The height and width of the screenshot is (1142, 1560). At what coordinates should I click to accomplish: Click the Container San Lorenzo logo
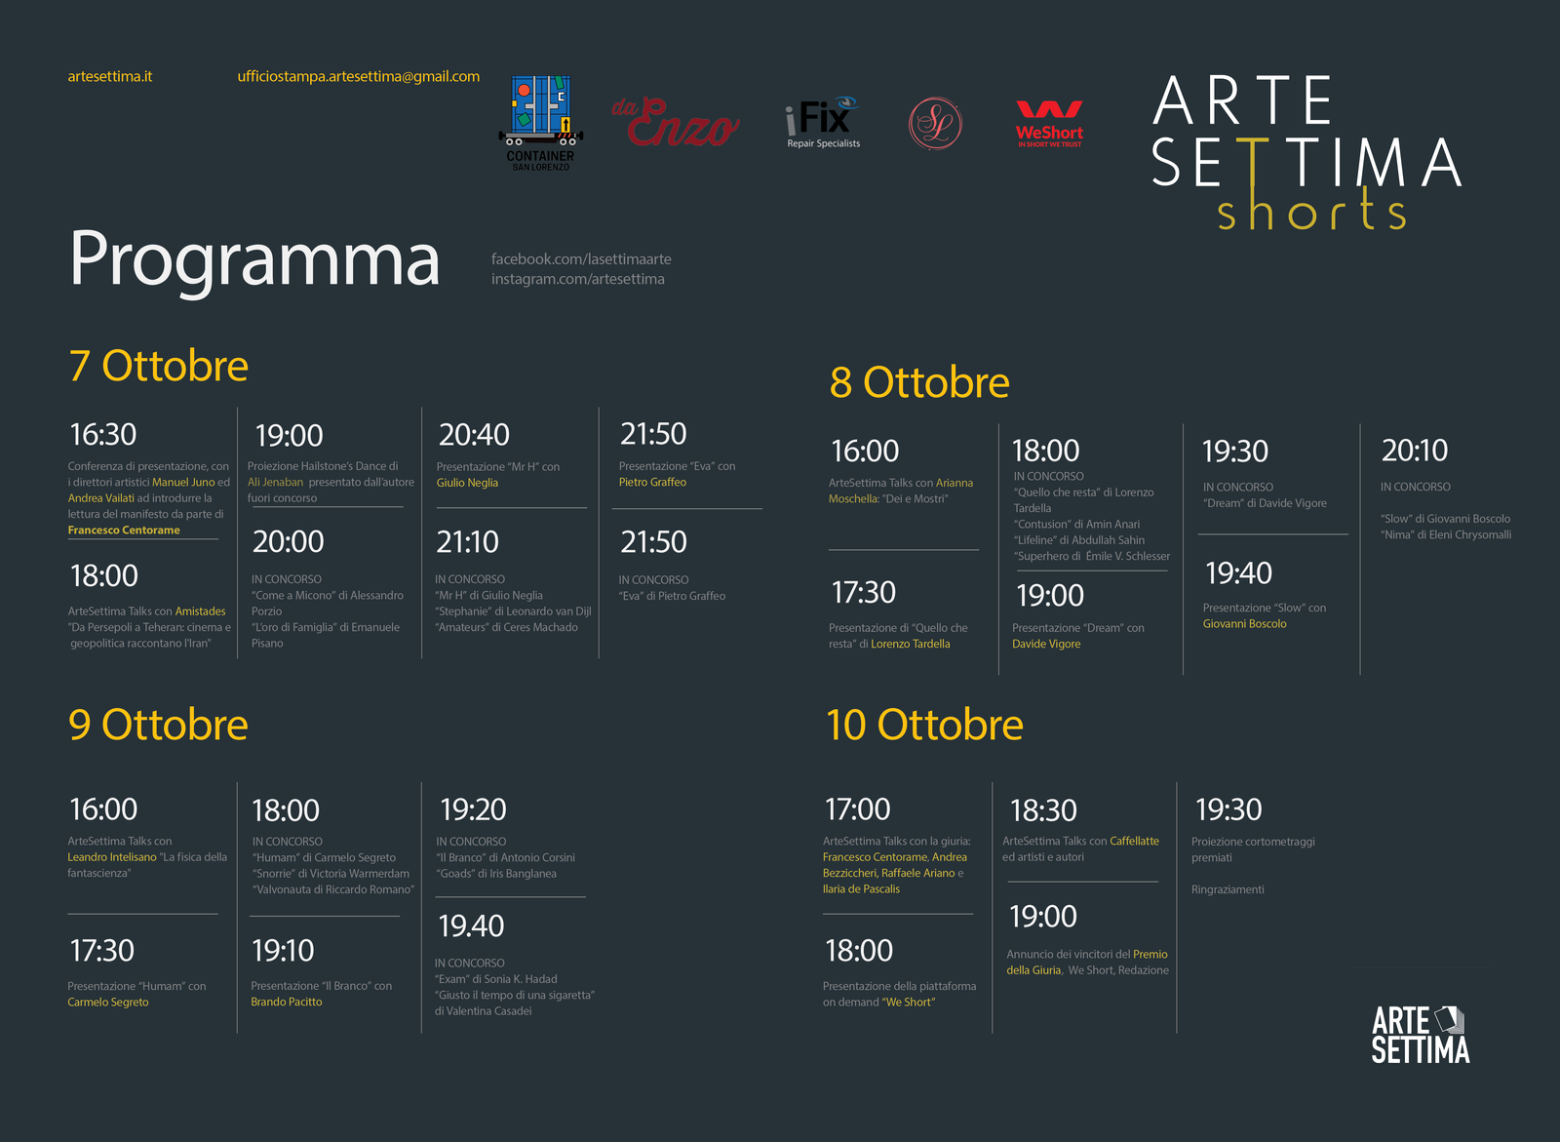tap(540, 123)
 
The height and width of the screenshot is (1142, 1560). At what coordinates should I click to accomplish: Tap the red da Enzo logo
tap(675, 122)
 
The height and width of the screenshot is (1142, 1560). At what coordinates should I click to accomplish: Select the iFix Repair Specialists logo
tap(823, 122)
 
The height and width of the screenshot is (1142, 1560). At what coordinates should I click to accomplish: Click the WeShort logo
tap(1049, 123)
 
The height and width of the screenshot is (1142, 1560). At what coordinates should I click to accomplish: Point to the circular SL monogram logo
tap(935, 123)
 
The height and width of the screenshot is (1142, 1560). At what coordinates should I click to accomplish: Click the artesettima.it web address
tap(110, 77)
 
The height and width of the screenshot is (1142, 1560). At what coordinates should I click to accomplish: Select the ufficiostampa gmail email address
tap(359, 77)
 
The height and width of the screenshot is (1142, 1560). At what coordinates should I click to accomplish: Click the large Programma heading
tap(254, 260)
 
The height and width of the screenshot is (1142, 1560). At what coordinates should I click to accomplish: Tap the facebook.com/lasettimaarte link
tap(581, 259)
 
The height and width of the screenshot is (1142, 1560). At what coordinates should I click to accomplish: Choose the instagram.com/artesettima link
tap(578, 279)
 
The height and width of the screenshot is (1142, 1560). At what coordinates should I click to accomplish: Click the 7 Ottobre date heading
tap(158, 366)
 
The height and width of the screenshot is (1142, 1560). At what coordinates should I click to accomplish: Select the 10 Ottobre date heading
tap(925, 725)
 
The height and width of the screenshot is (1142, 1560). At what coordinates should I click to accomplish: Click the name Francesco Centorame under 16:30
tap(124, 531)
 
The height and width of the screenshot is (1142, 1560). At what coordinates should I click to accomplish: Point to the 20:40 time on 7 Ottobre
tap(474, 435)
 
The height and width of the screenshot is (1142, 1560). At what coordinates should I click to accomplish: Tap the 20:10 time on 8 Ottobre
tap(1415, 451)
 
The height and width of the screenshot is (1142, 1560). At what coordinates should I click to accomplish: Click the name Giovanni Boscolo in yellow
tap(1244, 624)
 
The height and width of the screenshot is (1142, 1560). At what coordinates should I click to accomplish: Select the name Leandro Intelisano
tap(112, 857)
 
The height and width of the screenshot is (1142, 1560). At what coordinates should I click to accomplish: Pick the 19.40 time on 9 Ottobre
tap(471, 926)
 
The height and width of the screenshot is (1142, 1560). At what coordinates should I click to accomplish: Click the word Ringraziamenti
tap(1228, 889)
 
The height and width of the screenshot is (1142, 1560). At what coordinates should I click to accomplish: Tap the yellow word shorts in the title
tap(1311, 209)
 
